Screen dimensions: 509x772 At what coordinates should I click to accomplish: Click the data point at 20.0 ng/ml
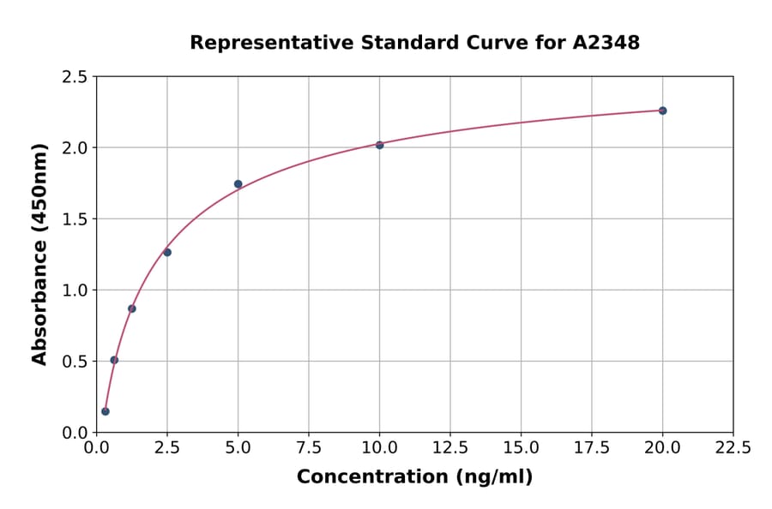point(662,111)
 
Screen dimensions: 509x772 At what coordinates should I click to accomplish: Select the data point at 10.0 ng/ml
point(379,145)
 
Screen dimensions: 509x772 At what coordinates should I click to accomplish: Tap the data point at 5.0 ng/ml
point(238,184)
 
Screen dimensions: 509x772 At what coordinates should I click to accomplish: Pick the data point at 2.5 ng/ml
point(167,252)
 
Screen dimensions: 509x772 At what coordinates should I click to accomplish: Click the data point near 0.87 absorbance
point(132,308)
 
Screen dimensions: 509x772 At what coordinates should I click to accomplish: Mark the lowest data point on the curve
point(106,411)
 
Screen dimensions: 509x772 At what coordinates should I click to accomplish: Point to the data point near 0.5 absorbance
point(114,360)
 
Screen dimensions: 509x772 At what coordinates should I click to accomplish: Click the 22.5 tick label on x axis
point(733,448)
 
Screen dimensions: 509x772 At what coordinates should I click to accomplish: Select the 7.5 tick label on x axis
point(309,448)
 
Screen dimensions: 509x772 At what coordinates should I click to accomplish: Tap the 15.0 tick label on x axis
point(521,448)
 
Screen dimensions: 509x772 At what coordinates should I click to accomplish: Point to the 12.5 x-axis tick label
point(449,448)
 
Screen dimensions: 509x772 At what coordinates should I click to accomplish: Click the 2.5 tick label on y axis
point(75,77)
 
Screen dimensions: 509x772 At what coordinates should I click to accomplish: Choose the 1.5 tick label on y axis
point(75,219)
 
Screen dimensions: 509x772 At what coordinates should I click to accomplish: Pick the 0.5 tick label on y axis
point(75,362)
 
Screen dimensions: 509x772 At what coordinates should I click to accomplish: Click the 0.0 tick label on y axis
point(75,433)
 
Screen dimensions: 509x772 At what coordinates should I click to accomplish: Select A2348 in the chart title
point(606,42)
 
